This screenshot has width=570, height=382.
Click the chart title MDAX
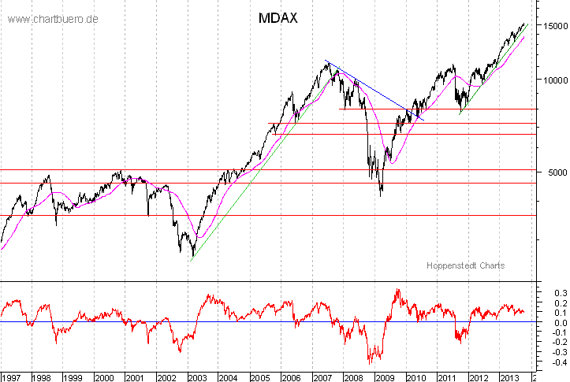tap(278, 18)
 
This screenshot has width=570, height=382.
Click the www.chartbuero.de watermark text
tap(53, 18)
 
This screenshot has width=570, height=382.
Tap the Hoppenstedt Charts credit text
tap(465, 265)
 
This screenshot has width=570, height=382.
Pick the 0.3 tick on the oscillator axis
tap(553, 292)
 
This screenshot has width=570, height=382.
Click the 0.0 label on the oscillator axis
tap(553, 322)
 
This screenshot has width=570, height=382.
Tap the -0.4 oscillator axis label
tap(552, 362)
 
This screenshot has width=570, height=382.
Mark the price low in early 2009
tap(382, 194)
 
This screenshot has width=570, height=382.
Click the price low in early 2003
tap(192, 255)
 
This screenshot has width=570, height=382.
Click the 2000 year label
tap(104, 376)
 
